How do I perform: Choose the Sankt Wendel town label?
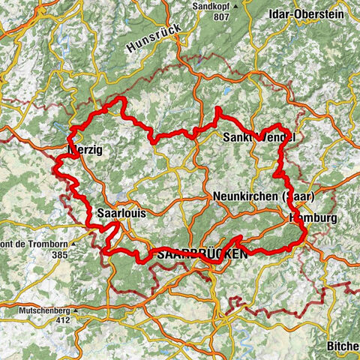259,138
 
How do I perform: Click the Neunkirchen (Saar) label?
262,196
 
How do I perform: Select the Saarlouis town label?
121,214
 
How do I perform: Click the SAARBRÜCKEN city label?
200,255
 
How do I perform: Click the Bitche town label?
343,346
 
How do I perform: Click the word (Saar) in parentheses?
298,196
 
